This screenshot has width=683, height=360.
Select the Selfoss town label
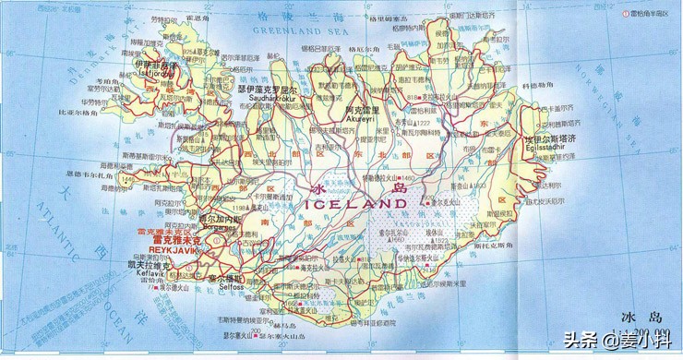(227, 285)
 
